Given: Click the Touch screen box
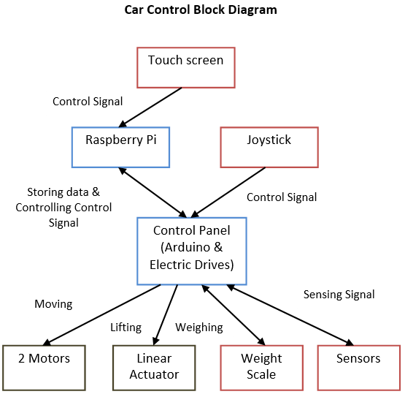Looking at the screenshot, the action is coord(186,67).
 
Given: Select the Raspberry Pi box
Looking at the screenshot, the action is coord(120,147).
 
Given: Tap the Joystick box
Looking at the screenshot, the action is coord(269,147).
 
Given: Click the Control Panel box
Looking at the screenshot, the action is coord(192,251).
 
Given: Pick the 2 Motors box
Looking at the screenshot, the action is coord(44,368).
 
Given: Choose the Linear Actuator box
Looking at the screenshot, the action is coord(154,368).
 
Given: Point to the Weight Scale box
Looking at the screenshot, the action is coord(262,368).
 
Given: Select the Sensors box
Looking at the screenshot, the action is coord(359,368).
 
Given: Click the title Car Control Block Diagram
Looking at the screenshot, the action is coord(201,10).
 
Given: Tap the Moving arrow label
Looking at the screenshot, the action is coord(53,304).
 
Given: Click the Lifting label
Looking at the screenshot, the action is coord(126,328).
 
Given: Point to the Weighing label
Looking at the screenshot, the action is coord(199,328).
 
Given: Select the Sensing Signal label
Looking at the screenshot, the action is coord(339,295).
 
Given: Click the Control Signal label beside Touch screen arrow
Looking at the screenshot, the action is coord(88,102).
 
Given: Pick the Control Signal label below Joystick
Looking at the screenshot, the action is coord(282,197).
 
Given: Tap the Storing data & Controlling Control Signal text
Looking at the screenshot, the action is coord(63,208).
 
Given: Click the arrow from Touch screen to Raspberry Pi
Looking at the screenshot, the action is coord(150,107).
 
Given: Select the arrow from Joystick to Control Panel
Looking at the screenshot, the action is coord(228,192).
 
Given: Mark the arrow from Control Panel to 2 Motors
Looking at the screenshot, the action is coord(101,315).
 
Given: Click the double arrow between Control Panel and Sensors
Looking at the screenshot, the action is coord(290,315).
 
